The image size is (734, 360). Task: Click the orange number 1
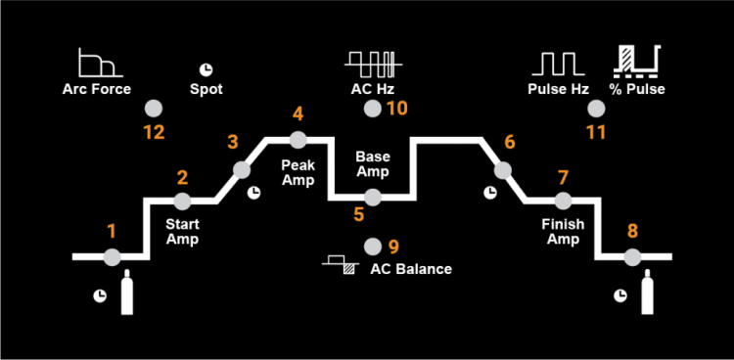click(112, 232)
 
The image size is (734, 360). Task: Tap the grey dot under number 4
click(298, 139)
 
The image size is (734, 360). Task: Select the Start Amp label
click(182, 232)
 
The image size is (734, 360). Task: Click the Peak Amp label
click(298, 171)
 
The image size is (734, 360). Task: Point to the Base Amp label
click(372, 163)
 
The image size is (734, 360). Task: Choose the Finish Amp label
click(563, 232)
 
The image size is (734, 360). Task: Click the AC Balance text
click(411, 269)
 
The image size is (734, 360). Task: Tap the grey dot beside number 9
click(371, 246)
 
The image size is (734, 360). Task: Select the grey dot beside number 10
click(371, 108)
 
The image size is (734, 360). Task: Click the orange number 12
click(153, 132)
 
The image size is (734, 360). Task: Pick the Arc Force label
click(98, 90)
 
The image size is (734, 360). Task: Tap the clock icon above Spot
click(206, 68)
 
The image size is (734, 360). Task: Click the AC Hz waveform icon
click(372, 63)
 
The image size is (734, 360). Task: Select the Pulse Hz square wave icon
click(559, 63)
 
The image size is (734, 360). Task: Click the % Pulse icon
click(636, 61)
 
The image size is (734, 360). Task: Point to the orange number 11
click(596, 132)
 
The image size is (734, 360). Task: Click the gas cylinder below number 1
click(126, 295)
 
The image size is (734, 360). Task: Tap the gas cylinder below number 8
click(646, 295)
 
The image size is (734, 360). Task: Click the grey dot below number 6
click(502, 169)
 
